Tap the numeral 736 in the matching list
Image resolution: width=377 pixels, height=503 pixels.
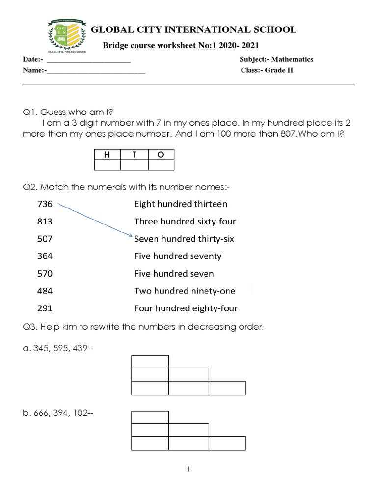tap(45, 204)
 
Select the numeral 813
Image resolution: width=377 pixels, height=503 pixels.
tap(45, 222)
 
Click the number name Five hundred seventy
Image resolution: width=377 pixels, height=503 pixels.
tap(178, 256)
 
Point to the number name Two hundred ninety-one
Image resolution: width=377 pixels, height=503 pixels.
tap(185, 291)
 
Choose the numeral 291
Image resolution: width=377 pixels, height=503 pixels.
tap(45, 308)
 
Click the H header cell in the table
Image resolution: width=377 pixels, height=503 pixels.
tap(107, 155)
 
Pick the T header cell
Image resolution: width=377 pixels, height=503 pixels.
tap(134, 155)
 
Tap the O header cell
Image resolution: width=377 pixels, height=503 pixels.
tap(161, 155)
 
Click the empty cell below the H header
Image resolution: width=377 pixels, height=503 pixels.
tap(107, 165)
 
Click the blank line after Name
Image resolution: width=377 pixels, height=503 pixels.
tap(96, 72)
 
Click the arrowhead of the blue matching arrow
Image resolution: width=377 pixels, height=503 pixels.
tap(131, 237)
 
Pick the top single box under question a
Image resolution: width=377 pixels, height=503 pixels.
tap(150, 361)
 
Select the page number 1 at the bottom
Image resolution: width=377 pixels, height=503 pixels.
tap(188, 469)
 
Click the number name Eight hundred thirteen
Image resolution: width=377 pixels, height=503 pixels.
tap(181, 204)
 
